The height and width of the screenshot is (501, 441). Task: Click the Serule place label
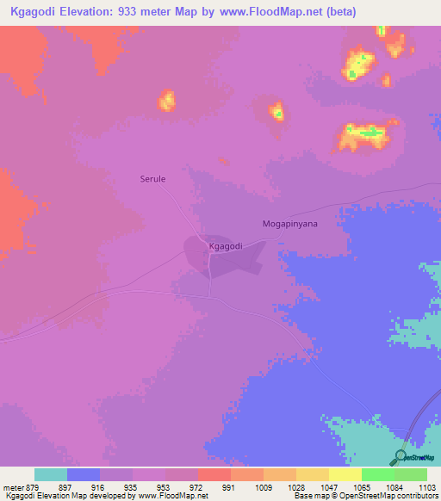pos(152,180)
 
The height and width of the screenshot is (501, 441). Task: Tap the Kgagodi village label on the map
pos(226,245)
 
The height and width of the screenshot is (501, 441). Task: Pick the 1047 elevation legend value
pos(329,486)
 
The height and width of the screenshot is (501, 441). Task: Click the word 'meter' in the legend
pos(12,486)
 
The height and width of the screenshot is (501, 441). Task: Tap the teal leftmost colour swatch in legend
pos(51,474)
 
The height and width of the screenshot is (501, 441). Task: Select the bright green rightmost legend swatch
pos(411,474)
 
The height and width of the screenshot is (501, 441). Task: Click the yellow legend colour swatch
pos(345,474)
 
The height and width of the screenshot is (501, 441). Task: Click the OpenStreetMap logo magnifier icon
pos(401,455)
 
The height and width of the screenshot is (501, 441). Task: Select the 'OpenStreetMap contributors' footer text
pos(390,496)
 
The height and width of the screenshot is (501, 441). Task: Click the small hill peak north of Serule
pos(166,100)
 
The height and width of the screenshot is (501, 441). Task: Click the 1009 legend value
pos(264,486)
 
